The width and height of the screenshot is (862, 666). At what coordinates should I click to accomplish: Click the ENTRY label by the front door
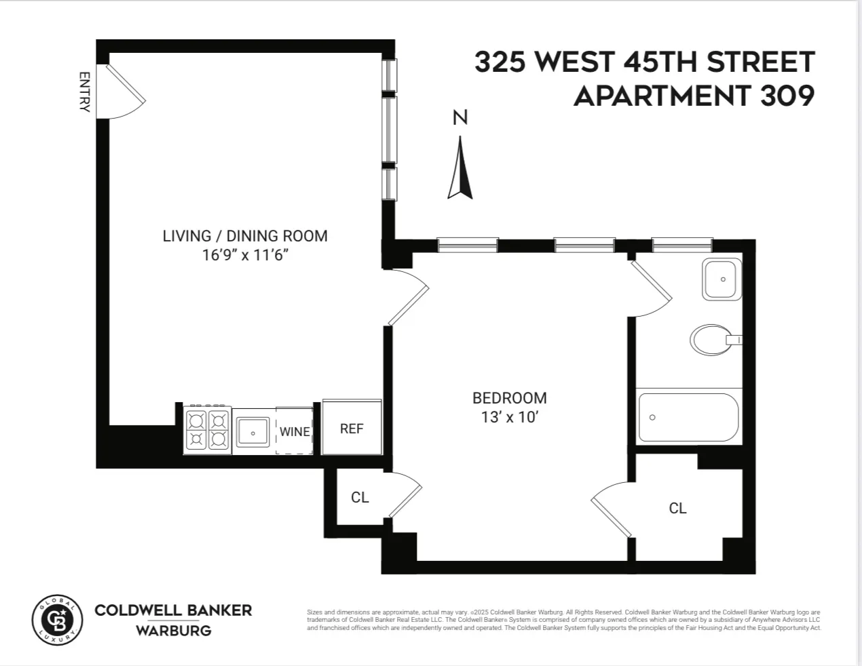(85, 92)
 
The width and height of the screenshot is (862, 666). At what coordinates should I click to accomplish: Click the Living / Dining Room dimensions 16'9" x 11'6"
(245, 255)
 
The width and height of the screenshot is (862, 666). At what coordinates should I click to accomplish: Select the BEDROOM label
(509, 398)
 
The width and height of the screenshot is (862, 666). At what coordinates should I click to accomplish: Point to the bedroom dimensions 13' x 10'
(509, 417)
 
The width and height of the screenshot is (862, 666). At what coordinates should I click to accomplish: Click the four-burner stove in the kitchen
(207, 430)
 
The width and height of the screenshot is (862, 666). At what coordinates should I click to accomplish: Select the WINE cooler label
(295, 431)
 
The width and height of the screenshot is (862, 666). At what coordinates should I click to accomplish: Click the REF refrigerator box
(352, 429)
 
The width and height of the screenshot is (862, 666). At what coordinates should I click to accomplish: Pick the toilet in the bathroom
(711, 340)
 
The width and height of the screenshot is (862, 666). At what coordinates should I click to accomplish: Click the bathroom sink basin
(722, 279)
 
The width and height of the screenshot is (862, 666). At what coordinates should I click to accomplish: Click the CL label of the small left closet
(360, 498)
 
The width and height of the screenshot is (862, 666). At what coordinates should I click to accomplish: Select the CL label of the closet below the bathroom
(677, 508)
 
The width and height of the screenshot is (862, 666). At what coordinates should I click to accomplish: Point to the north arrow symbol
(460, 170)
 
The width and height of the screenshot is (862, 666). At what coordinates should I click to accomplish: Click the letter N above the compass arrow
(460, 118)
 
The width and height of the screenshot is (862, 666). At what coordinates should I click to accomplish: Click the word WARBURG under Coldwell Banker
(173, 631)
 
